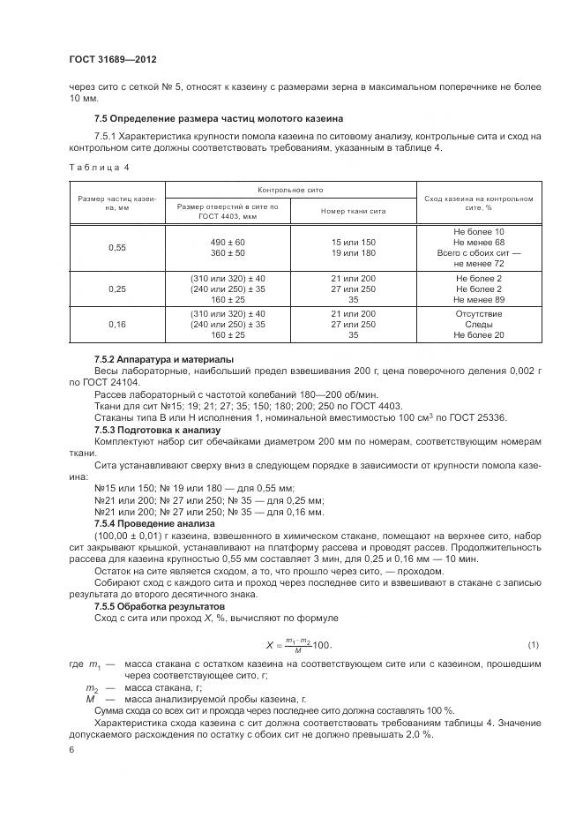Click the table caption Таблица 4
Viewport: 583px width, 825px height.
[x=98, y=167]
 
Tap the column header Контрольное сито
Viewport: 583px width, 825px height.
[x=290, y=190]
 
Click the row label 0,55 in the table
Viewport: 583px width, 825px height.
[x=116, y=248]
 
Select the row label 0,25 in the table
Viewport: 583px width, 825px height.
[x=116, y=289]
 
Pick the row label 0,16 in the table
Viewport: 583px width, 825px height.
[x=116, y=325]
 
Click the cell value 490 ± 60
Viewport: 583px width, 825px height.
[x=228, y=242]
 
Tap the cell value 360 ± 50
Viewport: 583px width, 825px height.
[x=228, y=253]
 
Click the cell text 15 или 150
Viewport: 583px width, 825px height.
[x=353, y=242]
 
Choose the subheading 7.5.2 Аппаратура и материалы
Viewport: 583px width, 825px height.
[x=163, y=360]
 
